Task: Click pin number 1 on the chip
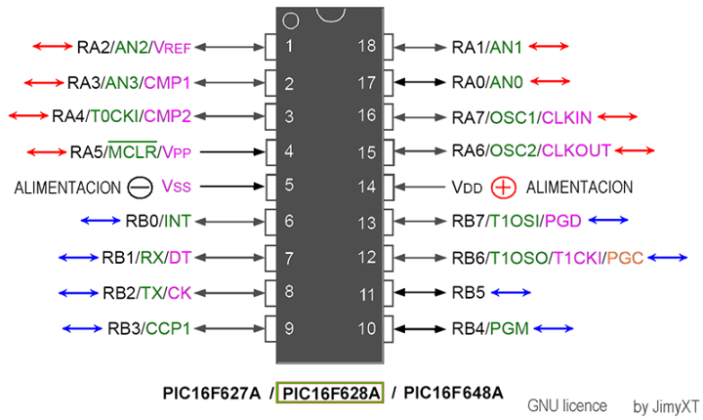pos(289,46)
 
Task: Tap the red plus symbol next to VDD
pos(503,187)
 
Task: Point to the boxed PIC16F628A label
pos(331,393)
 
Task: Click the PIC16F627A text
pos(212,393)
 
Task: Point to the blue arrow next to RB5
pos(511,292)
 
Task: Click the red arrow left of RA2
pos(51,46)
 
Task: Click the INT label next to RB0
pos(178,222)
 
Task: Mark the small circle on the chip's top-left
pos(288,20)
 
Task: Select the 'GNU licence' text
pos(567,405)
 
